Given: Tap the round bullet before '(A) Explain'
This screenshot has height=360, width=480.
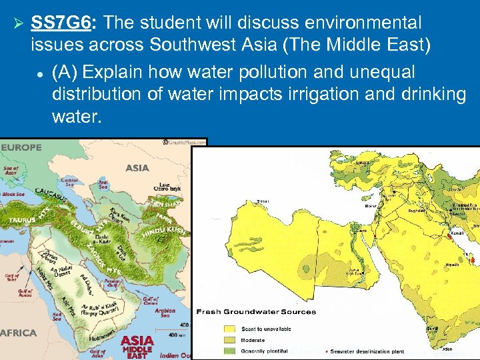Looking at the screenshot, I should click(41, 73).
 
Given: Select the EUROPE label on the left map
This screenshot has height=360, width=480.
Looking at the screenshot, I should click(22, 147).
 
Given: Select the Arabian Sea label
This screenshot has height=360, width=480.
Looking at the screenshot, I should click(164, 313).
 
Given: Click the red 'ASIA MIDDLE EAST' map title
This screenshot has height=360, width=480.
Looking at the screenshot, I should click(137, 347).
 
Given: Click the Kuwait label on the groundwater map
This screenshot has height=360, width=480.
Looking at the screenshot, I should click(457, 234).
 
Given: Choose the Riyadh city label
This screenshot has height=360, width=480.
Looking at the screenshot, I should click(451, 265).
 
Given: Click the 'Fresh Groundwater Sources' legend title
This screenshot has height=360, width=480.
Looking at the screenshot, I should click(256, 312).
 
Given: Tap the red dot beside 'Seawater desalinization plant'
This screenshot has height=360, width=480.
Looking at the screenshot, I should click(325, 351).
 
